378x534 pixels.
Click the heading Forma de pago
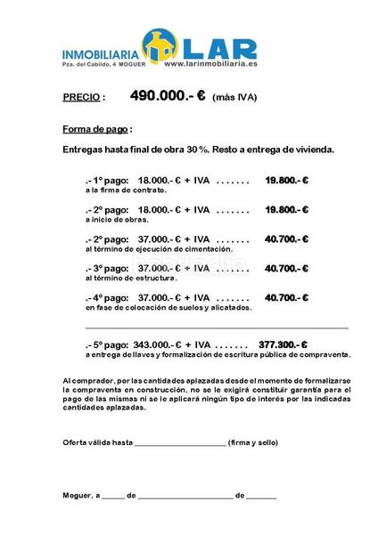tap(97, 128)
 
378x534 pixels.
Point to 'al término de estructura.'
tap(131, 279)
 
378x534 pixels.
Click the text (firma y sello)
tap(253, 442)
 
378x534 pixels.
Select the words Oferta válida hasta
tap(97, 442)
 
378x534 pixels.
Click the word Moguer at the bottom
tap(78, 495)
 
